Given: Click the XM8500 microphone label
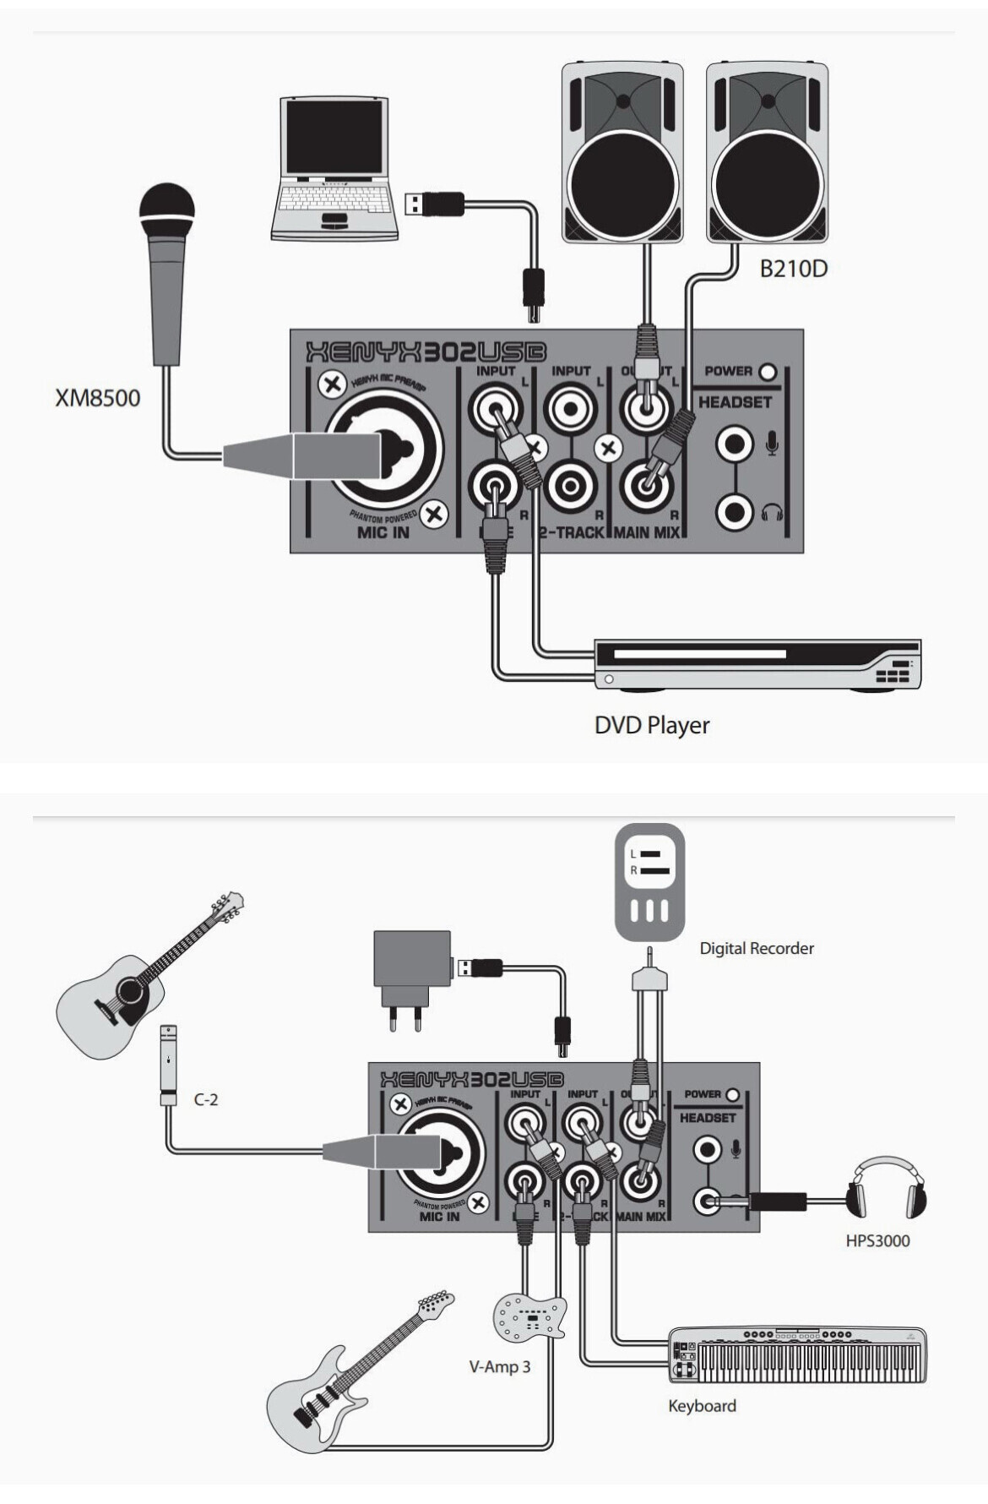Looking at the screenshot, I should coord(97,397).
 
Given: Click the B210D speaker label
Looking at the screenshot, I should coord(793,269).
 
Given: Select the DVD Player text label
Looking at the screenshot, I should coord(652,725).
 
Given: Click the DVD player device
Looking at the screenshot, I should coord(757,666).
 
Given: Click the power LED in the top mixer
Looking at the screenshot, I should coord(768,371).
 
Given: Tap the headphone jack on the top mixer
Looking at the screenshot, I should coord(734,511).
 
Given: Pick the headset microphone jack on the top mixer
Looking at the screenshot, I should coord(734,444).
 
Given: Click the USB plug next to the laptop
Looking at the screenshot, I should coord(434,204).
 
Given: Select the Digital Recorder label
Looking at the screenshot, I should coord(757,948).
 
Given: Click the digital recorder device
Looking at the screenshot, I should coord(649,882).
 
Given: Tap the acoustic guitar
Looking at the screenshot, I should coord(144,980).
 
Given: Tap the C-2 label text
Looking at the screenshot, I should coord(206,1099).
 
